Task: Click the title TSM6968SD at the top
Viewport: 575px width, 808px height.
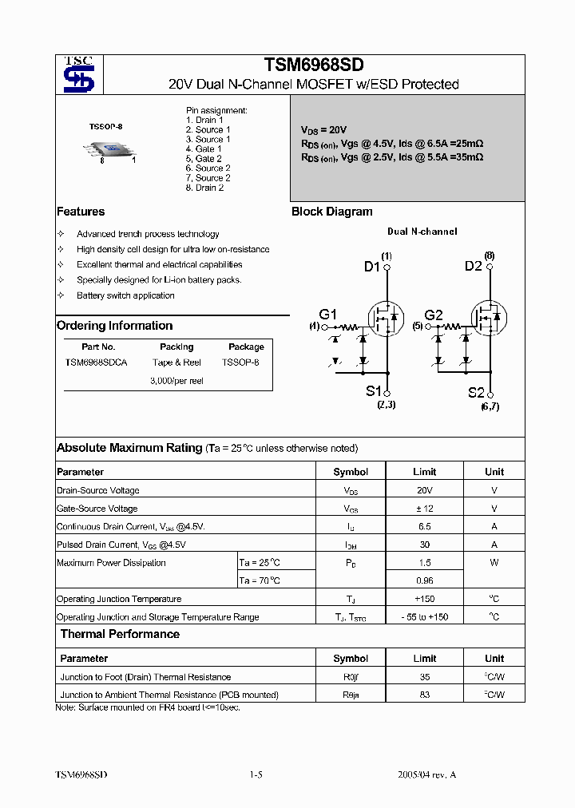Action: (313, 65)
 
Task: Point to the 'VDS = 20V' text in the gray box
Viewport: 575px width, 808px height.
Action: (323, 129)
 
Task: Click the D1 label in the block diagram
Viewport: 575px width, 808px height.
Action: (372, 267)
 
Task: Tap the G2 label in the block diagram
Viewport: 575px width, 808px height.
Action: (434, 315)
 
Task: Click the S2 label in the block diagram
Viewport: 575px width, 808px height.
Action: (476, 392)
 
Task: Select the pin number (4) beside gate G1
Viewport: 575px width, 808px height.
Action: (314, 327)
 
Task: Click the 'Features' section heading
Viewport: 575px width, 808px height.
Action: (81, 212)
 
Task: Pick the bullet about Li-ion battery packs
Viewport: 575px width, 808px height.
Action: (159, 280)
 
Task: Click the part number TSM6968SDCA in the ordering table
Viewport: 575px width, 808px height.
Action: (97, 362)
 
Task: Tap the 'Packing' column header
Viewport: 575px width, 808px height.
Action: (176, 347)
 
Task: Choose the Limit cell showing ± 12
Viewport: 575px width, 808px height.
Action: (424, 509)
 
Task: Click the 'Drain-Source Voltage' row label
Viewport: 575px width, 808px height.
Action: (98, 490)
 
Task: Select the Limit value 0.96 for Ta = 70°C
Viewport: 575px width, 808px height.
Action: (424, 580)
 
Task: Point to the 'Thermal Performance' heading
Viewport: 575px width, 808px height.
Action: (120, 634)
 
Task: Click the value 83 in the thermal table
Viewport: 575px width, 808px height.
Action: (424, 695)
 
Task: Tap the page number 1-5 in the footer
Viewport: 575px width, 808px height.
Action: (256, 774)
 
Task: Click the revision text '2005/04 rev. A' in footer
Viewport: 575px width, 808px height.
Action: (427, 774)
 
